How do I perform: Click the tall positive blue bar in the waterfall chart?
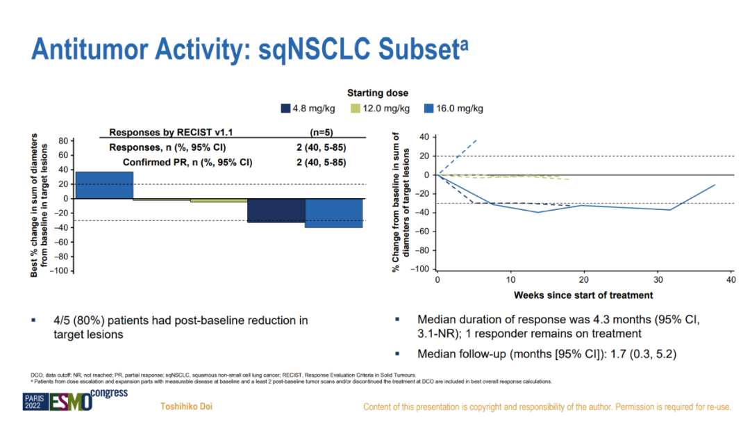click(104, 185)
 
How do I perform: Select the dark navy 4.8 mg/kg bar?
click(276, 211)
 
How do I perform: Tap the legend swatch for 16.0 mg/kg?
click(428, 108)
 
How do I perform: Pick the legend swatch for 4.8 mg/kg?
click(285, 108)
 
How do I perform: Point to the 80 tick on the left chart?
click(63, 140)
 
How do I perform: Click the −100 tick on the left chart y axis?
click(60, 270)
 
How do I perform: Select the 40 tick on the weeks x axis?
click(730, 279)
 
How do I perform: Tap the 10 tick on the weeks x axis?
click(510, 279)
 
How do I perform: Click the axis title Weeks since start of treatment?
click(583, 295)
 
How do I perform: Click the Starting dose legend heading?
click(378, 92)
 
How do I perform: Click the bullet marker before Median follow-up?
click(397, 353)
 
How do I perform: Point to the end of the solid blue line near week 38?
click(715, 184)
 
